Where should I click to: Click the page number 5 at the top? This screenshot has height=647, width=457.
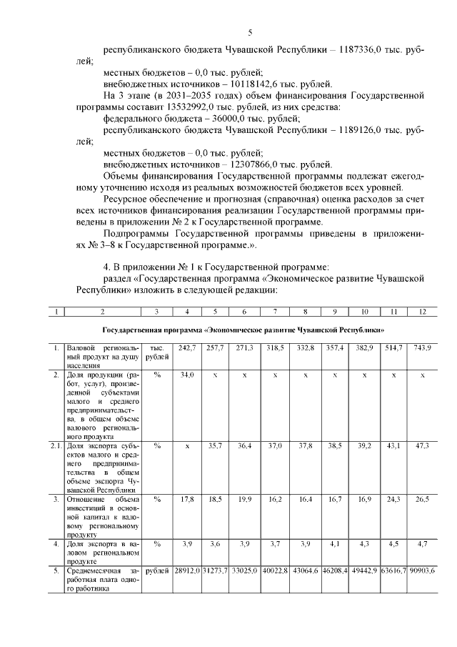tap(250, 33)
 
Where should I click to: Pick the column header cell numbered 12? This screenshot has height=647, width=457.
tap(422, 312)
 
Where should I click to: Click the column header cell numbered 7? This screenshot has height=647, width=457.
tap(274, 312)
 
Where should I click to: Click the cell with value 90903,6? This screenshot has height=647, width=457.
tap(422, 573)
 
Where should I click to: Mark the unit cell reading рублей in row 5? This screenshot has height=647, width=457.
tap(157, 573)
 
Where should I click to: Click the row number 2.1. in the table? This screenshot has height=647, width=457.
tap(56, 445)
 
